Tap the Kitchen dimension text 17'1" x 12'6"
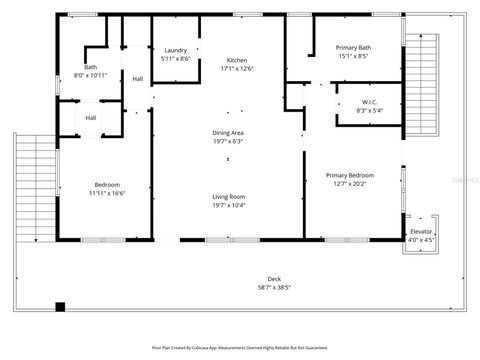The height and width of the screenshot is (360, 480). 236,69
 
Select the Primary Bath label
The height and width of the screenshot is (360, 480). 353,48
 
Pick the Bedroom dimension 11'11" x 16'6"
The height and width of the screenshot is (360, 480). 107,193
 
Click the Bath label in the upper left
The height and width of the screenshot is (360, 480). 90,67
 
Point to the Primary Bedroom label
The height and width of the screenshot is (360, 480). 348,175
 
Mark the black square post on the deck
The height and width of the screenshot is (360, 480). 60,307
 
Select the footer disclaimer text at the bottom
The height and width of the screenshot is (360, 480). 240,347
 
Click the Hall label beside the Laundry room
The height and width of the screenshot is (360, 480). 138,80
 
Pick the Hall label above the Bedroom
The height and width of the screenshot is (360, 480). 90,118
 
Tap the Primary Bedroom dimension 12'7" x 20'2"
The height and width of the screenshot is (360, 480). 348,183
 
